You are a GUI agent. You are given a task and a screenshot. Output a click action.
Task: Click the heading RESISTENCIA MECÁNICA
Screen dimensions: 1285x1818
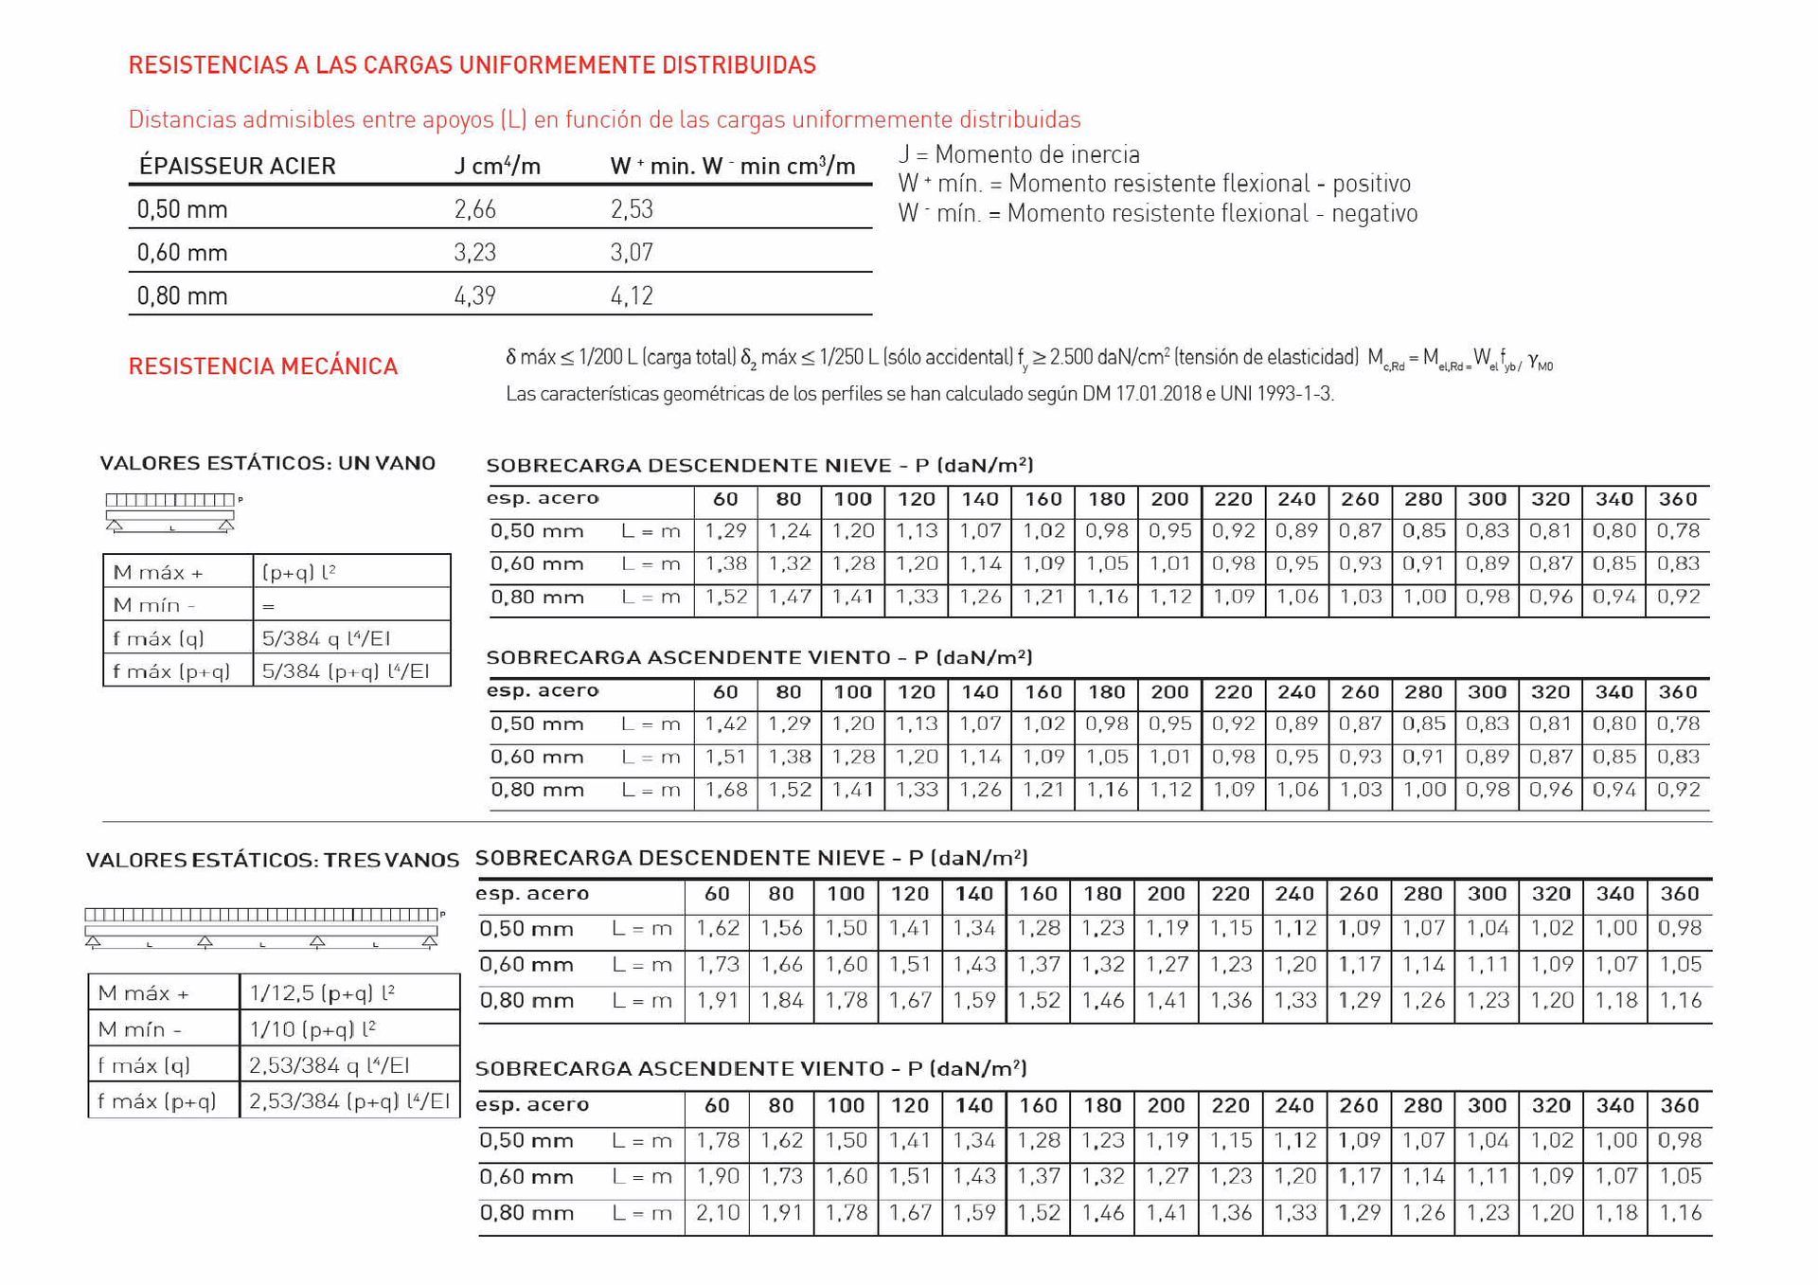[x=262, y=366]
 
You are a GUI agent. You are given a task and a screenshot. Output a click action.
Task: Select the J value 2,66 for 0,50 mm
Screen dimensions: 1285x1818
[x=474, y=209]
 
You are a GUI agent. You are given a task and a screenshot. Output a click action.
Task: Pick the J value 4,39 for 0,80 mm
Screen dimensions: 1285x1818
[x=474, y=295]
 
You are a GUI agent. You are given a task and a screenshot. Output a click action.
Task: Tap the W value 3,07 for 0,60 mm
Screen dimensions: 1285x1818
[x=632, y=252]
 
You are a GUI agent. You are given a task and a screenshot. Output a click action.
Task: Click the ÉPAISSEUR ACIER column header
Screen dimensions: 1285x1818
[x=237, y=166]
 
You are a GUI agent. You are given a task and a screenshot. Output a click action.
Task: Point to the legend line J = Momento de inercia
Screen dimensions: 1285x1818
[x=1019, y=154]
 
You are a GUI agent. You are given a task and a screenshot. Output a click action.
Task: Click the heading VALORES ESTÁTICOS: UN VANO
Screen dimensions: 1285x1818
[x=267, y=463]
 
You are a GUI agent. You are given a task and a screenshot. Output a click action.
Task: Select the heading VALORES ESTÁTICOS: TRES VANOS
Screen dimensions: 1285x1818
[x=272, y=860]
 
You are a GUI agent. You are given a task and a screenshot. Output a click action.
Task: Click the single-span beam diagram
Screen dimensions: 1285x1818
[x=170, y=512]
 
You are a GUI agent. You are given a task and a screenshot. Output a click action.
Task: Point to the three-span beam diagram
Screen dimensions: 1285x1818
[x=261, y=927]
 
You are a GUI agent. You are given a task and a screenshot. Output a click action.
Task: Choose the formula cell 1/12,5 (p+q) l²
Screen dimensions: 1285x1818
[x=322, y=992]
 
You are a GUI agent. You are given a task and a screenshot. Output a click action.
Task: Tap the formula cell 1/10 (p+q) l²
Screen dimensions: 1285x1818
[x=313, y=1028]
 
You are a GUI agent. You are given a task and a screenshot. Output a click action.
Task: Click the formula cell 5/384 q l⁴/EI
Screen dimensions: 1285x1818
[x=326, y=638]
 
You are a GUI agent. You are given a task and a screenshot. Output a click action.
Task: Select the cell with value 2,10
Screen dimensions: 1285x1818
[x=718, y=1212]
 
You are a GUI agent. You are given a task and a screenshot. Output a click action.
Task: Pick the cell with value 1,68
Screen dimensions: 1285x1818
[x=726, y=790]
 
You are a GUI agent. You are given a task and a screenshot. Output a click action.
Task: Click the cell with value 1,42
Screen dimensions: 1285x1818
[x=726, y=724]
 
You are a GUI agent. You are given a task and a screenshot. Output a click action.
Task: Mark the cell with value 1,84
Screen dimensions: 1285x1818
[x=781, y=1000]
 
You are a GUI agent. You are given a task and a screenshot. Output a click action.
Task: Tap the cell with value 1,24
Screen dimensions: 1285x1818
[x=790, y=531]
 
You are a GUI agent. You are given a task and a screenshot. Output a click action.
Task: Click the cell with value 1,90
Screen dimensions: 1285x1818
[x=718, y=1176]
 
